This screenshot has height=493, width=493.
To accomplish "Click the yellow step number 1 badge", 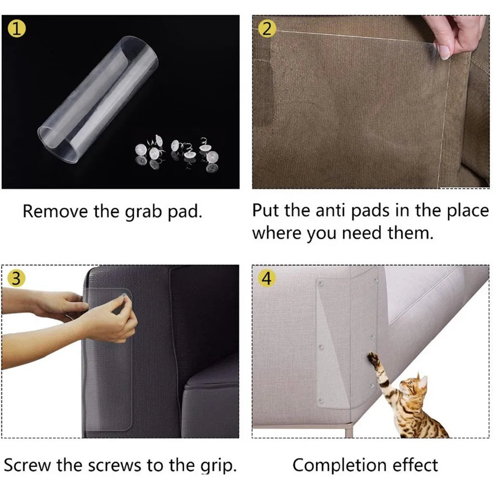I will coord(17,29).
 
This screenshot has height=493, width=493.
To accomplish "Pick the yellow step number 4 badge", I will coord(265,279).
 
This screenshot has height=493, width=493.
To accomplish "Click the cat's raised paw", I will coord(373,358).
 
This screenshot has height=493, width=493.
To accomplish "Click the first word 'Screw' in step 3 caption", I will coord(27,465).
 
